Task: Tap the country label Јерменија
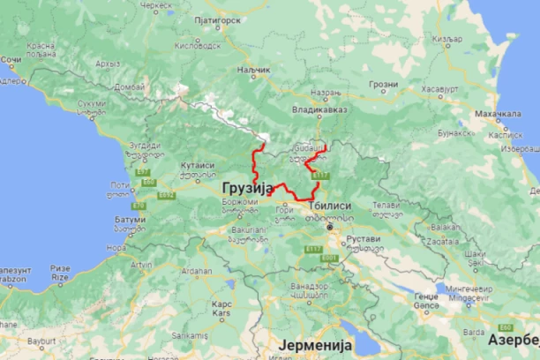pyautogui.click(x=315, y=344)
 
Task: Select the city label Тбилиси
pyautogui.click(x=329, y=205)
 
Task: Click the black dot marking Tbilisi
pyautogui.click(x=330, y=227)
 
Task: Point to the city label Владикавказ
pyautogui.click(x=319, y=110)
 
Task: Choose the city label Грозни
pyautogui.click(x=384, y=85)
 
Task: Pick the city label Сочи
pyautogui.click(x=11, y=60)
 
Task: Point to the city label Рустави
pyautogui.click(x=364, y=239)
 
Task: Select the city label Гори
pyautogui.click(x=284, y=210)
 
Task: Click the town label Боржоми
pyautogui.click(x=239, y=201)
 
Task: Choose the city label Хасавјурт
pyautogui.click(x=439, y=89)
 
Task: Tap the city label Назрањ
pyautogui.click(x=324, y=92)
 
